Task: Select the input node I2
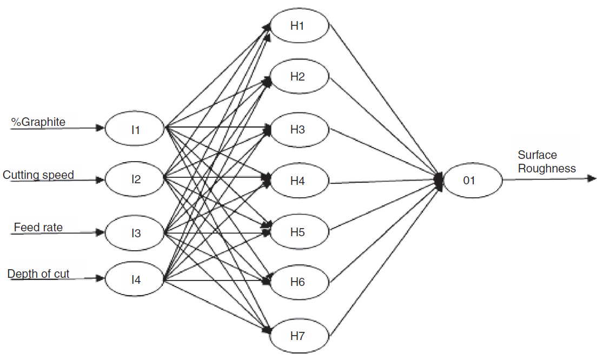135,179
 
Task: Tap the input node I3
135,233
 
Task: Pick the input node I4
135,279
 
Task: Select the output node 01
469,180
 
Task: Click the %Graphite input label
38,122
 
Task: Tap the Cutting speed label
38,175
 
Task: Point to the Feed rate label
38,228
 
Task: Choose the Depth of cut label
38,274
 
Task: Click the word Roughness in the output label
547,168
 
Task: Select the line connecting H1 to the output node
384,101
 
